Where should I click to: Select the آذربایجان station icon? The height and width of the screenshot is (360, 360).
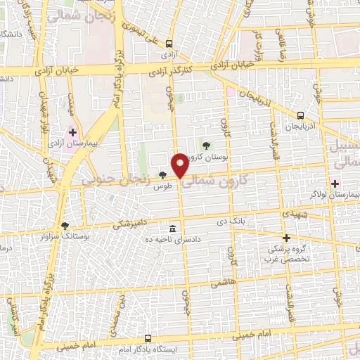301,115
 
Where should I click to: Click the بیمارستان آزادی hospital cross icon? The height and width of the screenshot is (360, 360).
72,132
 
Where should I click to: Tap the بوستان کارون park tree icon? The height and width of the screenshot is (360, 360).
205,146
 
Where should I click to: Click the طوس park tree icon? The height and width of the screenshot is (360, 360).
163,175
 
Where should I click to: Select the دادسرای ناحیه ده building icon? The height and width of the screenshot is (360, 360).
173,228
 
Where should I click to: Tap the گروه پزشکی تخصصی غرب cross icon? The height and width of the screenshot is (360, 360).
285,238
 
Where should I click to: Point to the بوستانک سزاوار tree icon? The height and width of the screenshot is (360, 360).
65,226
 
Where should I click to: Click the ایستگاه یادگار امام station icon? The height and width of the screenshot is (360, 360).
147,337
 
